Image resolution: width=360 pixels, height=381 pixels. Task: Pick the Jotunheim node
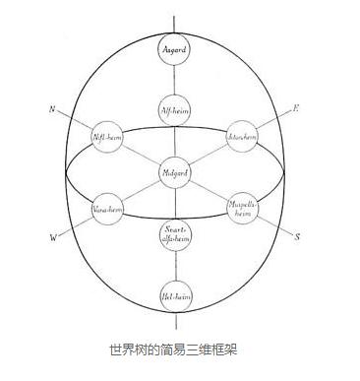click(x=242, y=136)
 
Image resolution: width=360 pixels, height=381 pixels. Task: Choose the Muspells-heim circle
click(x=242, y=210)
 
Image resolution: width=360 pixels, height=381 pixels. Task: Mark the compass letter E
click(x=295, y=107)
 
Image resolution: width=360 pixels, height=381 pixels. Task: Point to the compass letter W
click(x=53, y=237)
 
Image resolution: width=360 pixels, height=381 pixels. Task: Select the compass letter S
click(x=297, y=236)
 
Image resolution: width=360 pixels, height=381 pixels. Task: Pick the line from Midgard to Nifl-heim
click(x=139, y=155)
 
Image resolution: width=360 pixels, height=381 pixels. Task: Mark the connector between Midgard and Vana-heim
click(x=139, y=192)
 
